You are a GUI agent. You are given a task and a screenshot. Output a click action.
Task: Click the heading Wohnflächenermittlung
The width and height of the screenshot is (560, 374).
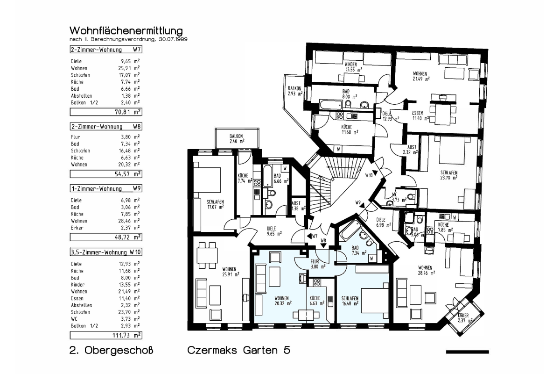pos(126,31)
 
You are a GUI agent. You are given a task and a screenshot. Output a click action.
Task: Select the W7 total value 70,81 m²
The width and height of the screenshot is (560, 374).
pos(127,112)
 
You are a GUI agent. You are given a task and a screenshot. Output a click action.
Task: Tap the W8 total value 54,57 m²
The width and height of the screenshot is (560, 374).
pos(127,174)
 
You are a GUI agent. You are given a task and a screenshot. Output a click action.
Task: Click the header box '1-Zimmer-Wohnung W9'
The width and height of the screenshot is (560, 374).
pos(106,188)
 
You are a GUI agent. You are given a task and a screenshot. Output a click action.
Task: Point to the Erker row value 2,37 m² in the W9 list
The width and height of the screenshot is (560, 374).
pos(129,228)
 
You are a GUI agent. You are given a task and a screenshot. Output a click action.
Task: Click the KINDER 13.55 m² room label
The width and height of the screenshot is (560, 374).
pos(351,67)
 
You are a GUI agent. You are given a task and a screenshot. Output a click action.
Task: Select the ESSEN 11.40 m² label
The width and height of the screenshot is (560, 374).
pos(420,116)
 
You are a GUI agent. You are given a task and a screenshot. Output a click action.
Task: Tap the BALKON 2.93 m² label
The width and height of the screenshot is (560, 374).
pos(295,91)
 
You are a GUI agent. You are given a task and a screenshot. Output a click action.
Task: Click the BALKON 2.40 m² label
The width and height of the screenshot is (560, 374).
pos(237,138)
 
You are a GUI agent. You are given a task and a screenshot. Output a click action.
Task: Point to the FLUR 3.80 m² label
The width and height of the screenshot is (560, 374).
pos(318,264)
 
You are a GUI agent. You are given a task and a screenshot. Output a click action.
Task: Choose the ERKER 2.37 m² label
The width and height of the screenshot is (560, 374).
pos(465,318)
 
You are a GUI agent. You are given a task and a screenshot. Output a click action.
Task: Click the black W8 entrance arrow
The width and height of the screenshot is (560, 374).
pos(323,246)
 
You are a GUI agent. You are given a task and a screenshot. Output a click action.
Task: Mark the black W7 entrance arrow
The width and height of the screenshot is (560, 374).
pos(309,236)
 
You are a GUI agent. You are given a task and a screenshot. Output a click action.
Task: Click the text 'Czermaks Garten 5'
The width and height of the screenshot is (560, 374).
pos(239,350)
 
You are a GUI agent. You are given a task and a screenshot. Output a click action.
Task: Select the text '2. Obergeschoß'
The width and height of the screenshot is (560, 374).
pos(111,350)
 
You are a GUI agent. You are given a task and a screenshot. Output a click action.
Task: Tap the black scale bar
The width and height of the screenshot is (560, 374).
pos(468,352)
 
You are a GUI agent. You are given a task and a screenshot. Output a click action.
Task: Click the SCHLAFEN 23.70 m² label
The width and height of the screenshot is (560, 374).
pos(449,175)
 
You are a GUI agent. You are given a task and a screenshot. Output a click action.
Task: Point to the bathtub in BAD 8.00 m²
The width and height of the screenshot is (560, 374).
pos(330,105)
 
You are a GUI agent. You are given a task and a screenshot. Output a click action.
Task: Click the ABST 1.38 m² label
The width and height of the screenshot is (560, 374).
pos(298,206)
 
